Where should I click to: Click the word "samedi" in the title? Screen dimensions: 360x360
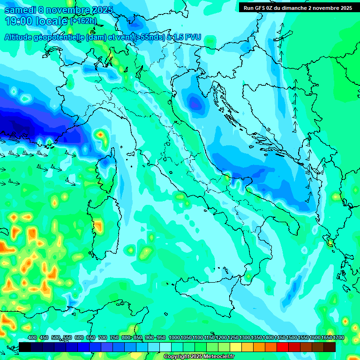[20, 10]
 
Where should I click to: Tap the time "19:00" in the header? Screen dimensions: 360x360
[19, 21]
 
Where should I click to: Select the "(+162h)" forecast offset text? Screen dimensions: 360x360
[83, 21]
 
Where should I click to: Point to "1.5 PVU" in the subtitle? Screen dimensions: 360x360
[187, 37]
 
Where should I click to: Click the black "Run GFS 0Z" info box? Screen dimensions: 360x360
[298, 7]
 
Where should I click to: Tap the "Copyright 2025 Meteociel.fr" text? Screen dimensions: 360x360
[199, 356]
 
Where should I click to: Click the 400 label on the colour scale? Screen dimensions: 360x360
[32, 337]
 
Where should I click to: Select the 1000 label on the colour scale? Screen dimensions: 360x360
[174, 337]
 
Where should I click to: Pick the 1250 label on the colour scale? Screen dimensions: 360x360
[233, 337]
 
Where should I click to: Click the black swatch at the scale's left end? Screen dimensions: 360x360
[25, 347]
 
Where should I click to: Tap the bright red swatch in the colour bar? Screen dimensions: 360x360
[283, 347]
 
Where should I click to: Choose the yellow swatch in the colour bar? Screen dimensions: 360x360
[236, 347]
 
